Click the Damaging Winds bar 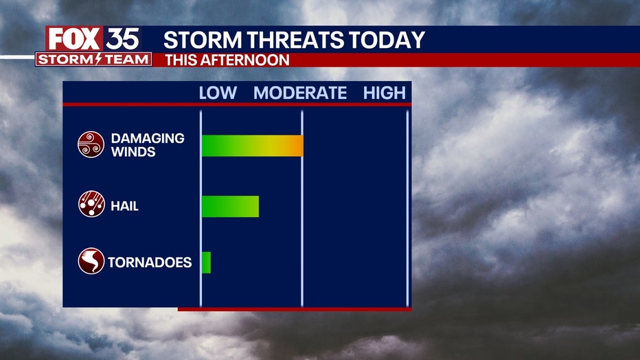pyautogui.click(x=253, y=146)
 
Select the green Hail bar pyautogui.click(x=230, y=207)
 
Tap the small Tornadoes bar pyautogui.click(x=206, y=262)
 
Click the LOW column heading pyautogui.click(x=218, y=93)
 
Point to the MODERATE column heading pyautogui.click(x=300, y=93)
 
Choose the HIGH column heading pyautogui.click(x=385, y=93)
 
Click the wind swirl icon pyautogui.click(x=91, y=144)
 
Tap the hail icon pyautogui.click(x=91, y=203)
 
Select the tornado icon pyautogui.click(x=91, y=261)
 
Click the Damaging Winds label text pyautogui.click(x=148, y=145)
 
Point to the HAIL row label pyautogui.click(x=124, y=206)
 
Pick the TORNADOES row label pyautogui.click(x=150, y=262)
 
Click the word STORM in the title pyautogui.click(x=203, y=40)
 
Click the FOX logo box pyautogui.click(x=74, y=39)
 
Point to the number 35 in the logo pyautogui.click(x=122, y=39)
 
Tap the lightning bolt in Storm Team pyautogui.click(x=98, y=59)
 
